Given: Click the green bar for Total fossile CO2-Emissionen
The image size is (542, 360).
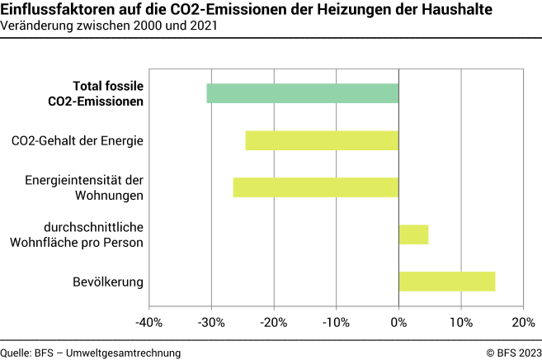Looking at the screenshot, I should (x=303, y=93).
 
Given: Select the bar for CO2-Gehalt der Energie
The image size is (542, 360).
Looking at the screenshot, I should (x=322, y=140).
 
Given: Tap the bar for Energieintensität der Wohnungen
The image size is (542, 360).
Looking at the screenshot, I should (x=316, y=187).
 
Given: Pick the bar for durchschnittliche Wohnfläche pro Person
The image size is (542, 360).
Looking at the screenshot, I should (x=413, y=234).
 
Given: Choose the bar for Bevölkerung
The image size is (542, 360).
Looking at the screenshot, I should (x=446, y=282).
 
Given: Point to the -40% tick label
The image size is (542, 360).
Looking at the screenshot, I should (x=149, y=321).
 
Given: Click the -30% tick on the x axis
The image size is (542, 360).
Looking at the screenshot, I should (x=212, y=321).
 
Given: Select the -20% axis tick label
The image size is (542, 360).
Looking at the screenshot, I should (x=274, y=321).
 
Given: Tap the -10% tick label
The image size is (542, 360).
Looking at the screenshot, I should (x=336, y=321).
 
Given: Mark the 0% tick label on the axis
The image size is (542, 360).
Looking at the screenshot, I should (x=398, y=321).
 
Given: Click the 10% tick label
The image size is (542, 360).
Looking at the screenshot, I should (x=460, y=321).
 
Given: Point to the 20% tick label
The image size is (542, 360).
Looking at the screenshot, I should (x=523, y=321).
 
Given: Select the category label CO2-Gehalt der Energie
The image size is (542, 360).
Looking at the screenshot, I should (x=78, y=141).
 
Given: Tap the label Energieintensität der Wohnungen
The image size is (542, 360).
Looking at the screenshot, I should (x=84, y=187).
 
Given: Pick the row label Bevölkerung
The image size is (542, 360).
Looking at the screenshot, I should (x=108, y=282).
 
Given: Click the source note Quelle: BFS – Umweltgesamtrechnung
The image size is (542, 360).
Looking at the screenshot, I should (x=91, y=353).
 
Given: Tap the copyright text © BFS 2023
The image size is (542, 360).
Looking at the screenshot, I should (x=508, y=353).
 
